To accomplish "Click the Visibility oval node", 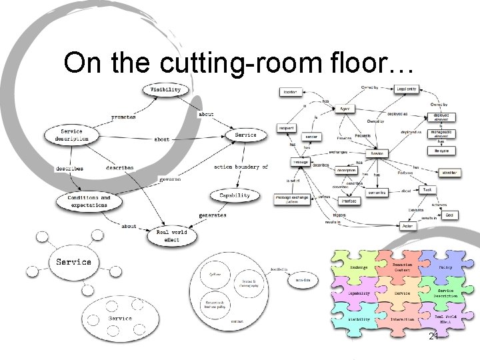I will (x=165, y=90).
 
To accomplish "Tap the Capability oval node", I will (x=234, y=195).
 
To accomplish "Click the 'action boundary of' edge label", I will (x=241, y=167).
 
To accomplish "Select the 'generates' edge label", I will (x=212, y=215).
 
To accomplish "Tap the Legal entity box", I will (x=406, y=89).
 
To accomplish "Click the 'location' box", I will (x=290, y=92).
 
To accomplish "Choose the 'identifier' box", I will (x=449, y=173).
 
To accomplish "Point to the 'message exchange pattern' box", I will (x=292, y=199).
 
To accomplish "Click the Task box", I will (x=427, y=190).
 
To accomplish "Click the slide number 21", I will (x=433, y=337).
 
